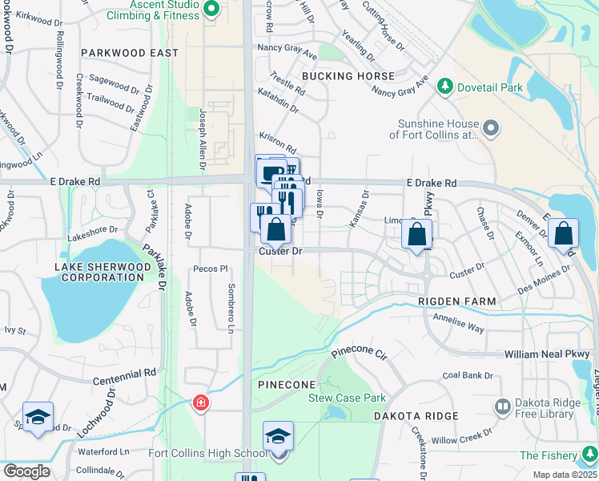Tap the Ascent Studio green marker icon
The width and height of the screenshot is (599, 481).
click(211, 10)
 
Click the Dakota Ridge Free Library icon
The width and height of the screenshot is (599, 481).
click(502, 407)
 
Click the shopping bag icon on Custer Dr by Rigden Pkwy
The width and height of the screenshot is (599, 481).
click(417, 235)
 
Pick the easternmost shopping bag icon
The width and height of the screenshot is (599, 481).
click(563, 233)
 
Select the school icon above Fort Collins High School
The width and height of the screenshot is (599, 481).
click(278, 436)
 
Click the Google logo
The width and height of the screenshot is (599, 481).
click(26, 471)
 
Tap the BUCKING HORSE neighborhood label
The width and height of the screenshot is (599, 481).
click(348, 76)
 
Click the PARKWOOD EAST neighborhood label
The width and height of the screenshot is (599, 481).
click(129, 52)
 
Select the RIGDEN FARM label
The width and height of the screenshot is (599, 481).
click(457, 301)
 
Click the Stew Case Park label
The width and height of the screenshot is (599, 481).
click(348, 398)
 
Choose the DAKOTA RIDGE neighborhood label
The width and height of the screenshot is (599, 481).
click(415, 416)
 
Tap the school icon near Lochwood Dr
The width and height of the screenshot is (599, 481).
click(38, 418)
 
